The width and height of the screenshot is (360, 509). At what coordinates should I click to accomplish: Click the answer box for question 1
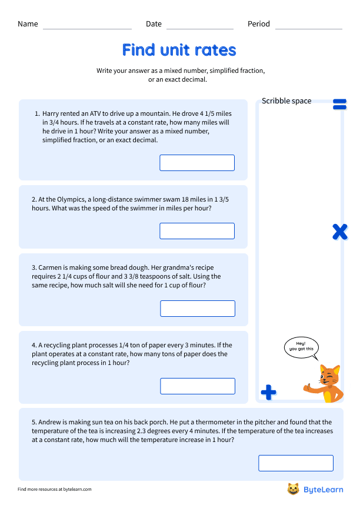pyautogui.click(x=197, y=163)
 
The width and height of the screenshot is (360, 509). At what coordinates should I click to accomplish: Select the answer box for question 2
pyautogui.click(x=197, y=231)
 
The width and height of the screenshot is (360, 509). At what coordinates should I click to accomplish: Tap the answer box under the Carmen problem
pyautogui.click(x=198, y=309)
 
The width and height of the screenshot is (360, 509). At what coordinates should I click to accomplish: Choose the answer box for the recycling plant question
pyautogui.click(x=198, y=386)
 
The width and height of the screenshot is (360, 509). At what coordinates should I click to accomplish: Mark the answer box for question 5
pyautogui.click(x=296, y=463)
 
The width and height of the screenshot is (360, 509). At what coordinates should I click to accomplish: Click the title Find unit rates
pyautogui.click(x=179, y=49)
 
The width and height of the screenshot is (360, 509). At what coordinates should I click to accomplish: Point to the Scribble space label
pyautogui.click(x=286, y=101)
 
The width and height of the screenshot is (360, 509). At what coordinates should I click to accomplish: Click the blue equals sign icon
pyautogui.click(x=339, y=105)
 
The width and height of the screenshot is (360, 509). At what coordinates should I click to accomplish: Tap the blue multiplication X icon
pyautogui.click(x=339, y=232)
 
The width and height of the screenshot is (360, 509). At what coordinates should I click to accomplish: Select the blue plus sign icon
pyautogui.click(x=268, y=392)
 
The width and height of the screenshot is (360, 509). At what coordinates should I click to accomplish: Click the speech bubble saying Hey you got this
pyautogui.click(x=301, y=346)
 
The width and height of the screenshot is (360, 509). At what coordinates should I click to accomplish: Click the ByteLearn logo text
pyautogui.click(x=323, y=489)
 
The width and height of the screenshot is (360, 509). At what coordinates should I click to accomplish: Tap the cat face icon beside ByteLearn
pyautogui.click(x=293, y=489)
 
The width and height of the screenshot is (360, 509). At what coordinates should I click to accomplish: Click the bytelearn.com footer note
pyautogui.click(x=55, y=489)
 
